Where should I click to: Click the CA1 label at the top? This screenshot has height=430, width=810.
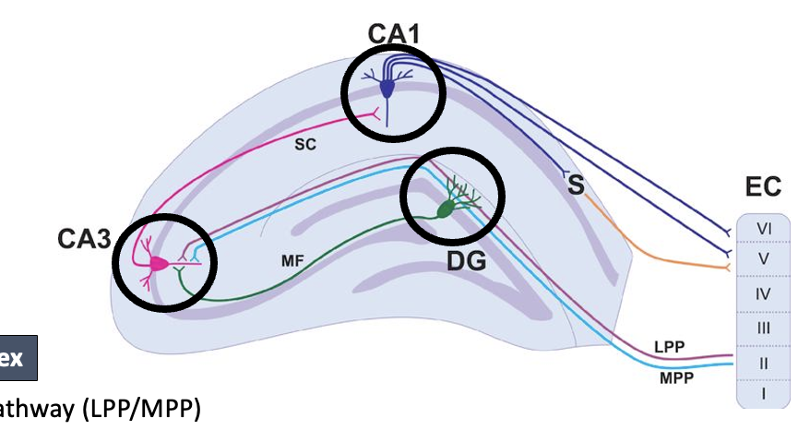pyautogui.click(x=394, y=34)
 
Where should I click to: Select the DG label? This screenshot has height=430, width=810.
pyautogui.click(x=467, y=261)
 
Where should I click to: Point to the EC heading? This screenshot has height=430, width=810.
pyautogui.click(x=762, y=188)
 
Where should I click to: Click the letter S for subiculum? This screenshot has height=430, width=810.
pyautogui.click(x=576, y=185)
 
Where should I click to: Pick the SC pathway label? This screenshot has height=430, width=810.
pyautogui.click(x=306, y=146)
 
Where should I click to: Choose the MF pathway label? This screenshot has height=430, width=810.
pyautogui.click(x=292, y=261)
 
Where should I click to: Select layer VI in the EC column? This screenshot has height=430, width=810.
pyautogui.click(x=763, y=227)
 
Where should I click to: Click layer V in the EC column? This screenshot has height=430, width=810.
pyautogui.click(x=763, y=259)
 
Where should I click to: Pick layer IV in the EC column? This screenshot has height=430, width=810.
pyautogui.click(x=763, y=294)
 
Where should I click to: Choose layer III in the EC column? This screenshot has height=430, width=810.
pyautogui.click(x=763, y=328)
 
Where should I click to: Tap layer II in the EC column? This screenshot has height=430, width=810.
pyautogui.click(x=763, y=363)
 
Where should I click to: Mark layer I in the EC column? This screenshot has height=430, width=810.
pyautogui.click(x=763, y=394)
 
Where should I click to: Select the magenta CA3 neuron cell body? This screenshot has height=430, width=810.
pyautogui.click(x=159, y=263)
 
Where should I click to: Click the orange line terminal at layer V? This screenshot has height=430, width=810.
pyautogui.click(x=731, y=268)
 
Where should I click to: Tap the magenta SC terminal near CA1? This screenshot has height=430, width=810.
pyautogui.click(x=374, y=115)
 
